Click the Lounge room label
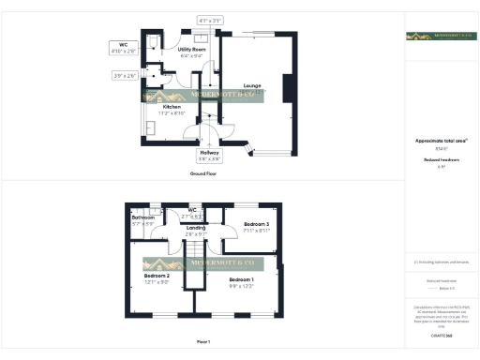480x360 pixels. pyautogui.click(x=250, y=86)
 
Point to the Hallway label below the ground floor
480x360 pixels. pyautogui.click(x=209, y=155)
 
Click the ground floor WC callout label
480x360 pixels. pyautogui.click(x=124, y=46)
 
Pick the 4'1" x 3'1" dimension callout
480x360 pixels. pyautogui.click(x=210, y=20)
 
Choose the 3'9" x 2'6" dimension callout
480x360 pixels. pyautogui.click(x=125, y=75)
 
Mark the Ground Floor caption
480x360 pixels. pyautogui.click(x=203, y=174)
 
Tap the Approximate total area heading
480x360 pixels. pyautogui.click(x=441, y=141)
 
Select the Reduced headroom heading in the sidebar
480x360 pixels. pyautogui.click(x=441, y=159)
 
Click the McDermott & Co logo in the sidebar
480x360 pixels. pyautogui.click(x=441, y=37)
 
